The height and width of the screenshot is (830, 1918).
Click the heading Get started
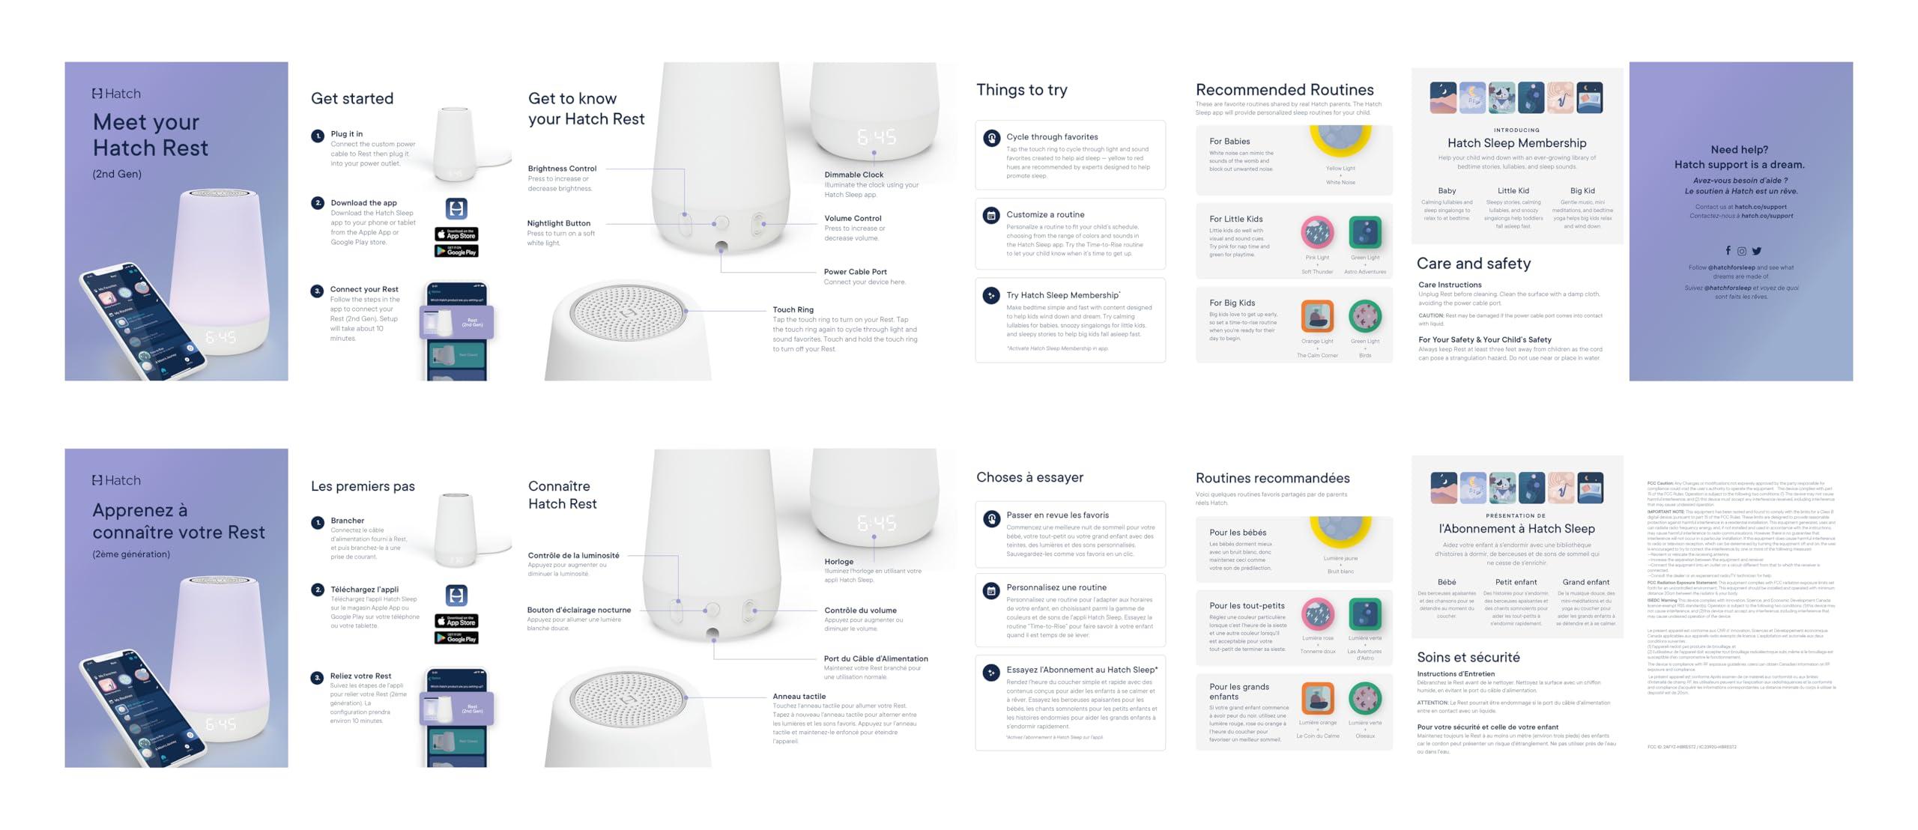pos(352,99)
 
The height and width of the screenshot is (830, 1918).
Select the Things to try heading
pos(1021,90)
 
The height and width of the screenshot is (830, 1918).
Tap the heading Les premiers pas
pos(363,486)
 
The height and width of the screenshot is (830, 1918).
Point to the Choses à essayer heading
pos(1029,477)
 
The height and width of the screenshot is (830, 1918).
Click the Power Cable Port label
pos(855,272)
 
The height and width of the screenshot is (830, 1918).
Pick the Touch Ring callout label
pos(793,309)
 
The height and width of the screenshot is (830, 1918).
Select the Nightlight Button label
pos(558,223)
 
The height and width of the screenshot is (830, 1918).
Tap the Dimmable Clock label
pos(853,175)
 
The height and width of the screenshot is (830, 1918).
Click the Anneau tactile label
pos(799,696)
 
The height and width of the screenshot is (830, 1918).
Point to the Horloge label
pos(838,561)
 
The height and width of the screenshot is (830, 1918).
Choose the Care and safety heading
pos(1473,264)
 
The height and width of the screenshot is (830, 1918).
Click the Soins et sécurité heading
pos(1468,657)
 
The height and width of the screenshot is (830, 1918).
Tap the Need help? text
pos(1739,150)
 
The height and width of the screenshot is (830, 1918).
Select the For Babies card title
pos(1229,141)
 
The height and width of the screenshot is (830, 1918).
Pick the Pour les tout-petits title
pos(1246,605)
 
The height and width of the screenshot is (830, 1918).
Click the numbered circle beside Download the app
pos(318,203)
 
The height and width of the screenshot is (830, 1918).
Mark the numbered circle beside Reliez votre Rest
pos(318,677)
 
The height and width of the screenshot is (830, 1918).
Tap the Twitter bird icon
pos(1757,251)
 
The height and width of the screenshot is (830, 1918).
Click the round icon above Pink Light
pos(1317,233)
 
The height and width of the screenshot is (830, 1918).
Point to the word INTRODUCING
pos(1516,130)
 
